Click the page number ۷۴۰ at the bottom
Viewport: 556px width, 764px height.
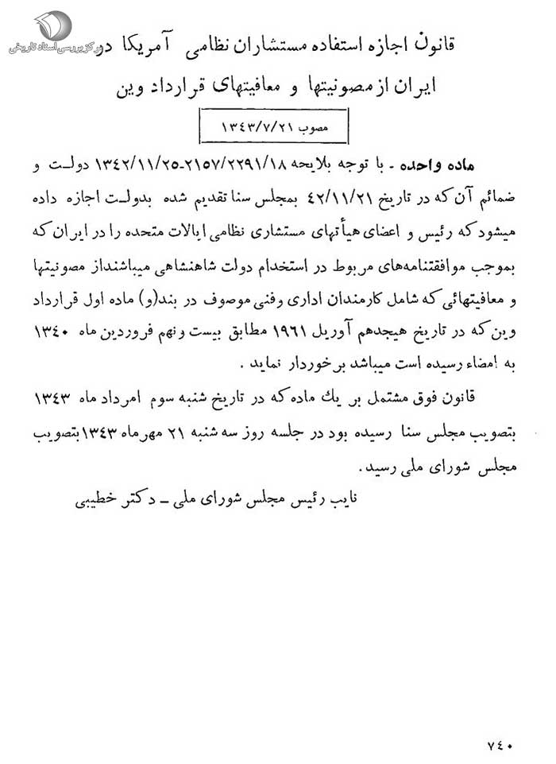[x=503, y=745]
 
